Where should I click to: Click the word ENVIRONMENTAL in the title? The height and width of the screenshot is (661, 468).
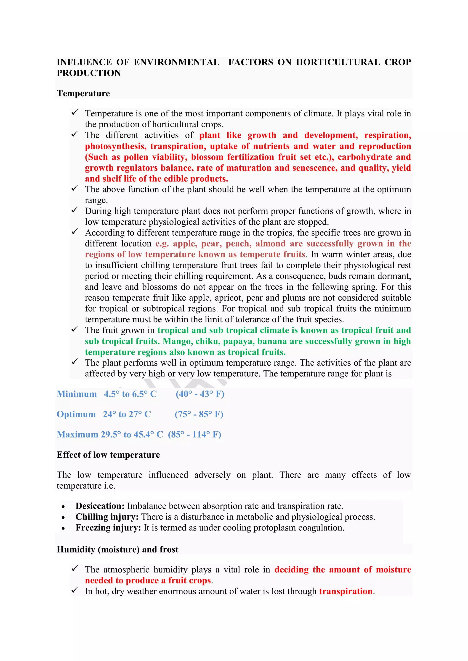click(176, 62)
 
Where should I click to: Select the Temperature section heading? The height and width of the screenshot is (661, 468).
click(83, 93)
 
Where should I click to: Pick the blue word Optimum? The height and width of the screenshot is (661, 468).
click(76, 414)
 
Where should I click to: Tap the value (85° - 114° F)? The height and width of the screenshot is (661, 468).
click(194, 434)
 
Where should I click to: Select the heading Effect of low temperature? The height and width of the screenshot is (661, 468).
click(108, 455)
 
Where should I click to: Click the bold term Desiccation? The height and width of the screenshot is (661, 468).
click(100, 506)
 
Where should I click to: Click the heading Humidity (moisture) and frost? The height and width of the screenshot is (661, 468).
click(117, 549)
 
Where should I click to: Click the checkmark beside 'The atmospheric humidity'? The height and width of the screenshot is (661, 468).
click(75, 569)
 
